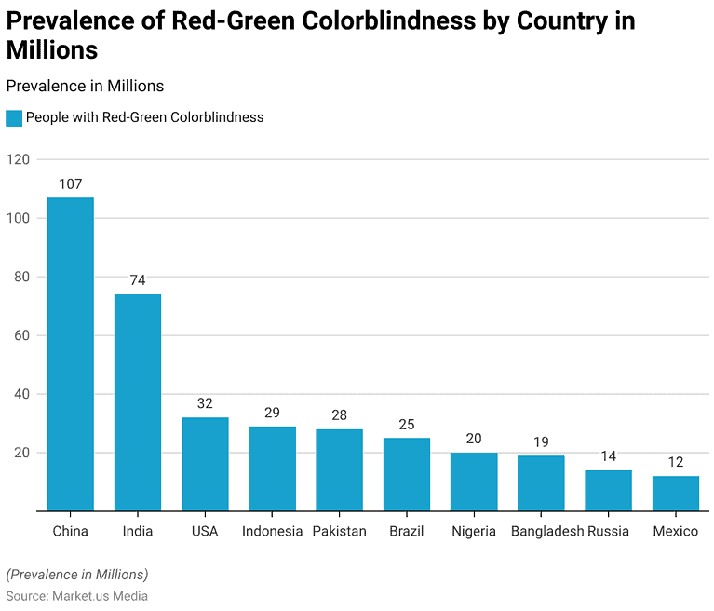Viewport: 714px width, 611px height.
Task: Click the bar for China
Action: pyautogui.click(x=70, y=354)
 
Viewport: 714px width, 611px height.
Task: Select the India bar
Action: pyautogui.click(x=138, y=402)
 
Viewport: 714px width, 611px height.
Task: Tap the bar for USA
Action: pyautogui.click(x=205, y=464)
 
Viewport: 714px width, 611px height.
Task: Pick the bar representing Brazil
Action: pyautogui.click(x=407, y=474)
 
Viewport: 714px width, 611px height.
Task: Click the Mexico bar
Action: pyautogui.click(x=675, y=494)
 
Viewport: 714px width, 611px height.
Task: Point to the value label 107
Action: pyautogui.click(x=70, y=184)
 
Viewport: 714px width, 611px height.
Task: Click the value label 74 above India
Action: pyautogui.click(x=138, y=280)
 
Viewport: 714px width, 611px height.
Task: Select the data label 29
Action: pyautogui.click(x=272, y=413)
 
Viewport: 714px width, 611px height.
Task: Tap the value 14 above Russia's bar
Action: pyautogui.click(x=608, y=456)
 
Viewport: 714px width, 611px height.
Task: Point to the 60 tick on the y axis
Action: pyautogui.click(x=22, y=335)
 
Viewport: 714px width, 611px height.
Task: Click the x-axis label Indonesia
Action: pyautogui.click(x=272, y=531)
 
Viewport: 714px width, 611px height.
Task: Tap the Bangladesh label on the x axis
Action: pyautogui.click(x=546, y=531)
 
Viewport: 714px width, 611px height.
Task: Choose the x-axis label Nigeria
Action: pyautogui.click(x=474, y=531)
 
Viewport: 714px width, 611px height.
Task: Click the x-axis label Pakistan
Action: pyautogui.click(x=339, y=531)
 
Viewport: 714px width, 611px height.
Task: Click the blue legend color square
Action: pyautogui.click(x=13, y=118)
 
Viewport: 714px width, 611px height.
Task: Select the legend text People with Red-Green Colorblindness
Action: pyautogui.click(x=144, y=118)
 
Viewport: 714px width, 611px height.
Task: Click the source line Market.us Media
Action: pyautogui.click(x=76, y=595)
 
